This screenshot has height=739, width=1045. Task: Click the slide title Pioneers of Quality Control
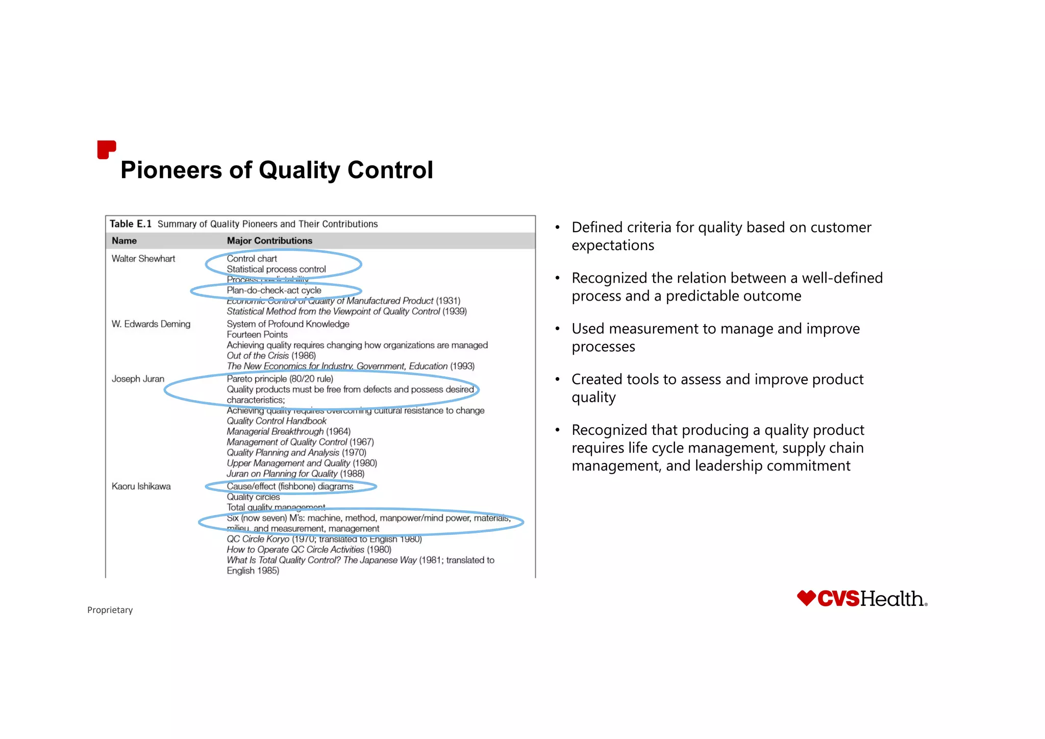[277, 170]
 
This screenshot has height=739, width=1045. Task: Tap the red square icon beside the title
[106, 150]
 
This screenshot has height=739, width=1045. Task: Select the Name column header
[124, 240]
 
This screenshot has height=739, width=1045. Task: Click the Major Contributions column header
[269, 240]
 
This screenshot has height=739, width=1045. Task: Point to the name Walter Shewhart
[143, 259]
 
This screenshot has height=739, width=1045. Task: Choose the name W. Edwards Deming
[151, 324]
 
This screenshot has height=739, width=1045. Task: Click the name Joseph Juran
[138, 379]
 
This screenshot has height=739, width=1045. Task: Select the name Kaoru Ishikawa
[141, 486]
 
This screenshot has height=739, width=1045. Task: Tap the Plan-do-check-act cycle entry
[274, 290]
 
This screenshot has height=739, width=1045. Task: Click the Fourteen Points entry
[257, 335]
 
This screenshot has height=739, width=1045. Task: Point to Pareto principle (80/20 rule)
[280, 379]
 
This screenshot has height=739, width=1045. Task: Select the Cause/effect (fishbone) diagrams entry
[290, 486]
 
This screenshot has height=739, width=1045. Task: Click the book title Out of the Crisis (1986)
[271, 356]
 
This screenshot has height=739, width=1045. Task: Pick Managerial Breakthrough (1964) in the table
[289, 432]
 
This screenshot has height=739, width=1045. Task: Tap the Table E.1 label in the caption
[131, 224]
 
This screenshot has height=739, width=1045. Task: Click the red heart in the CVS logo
[806, 598]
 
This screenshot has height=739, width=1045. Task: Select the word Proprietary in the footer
[110, 610]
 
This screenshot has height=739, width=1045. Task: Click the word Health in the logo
[892, 599]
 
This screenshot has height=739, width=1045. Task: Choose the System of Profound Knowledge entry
[288, 324]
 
